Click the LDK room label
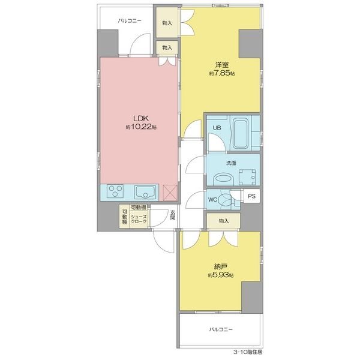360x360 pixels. click(141, 118)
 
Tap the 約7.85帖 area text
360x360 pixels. click(222, 73)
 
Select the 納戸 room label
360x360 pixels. click(221, 266)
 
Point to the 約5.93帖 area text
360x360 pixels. click(221, 275)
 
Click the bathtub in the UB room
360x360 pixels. click(241, 133)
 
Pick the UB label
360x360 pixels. click(217, 128)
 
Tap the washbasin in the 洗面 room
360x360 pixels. click(223, 179)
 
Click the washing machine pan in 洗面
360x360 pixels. click(247, 177)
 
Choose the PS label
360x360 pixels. click(251, 196)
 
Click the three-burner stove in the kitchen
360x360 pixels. click(115, 191)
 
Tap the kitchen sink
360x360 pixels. click(145, 193)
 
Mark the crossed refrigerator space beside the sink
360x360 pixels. click(170, 193)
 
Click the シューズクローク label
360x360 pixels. click(139, 219)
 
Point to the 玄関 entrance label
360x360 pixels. click(173, 215)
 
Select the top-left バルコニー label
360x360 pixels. click(130, 21)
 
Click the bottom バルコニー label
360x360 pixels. click(221, 329)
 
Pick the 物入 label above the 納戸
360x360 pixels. click(224, 221)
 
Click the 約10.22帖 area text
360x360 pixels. click(141, 127)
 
